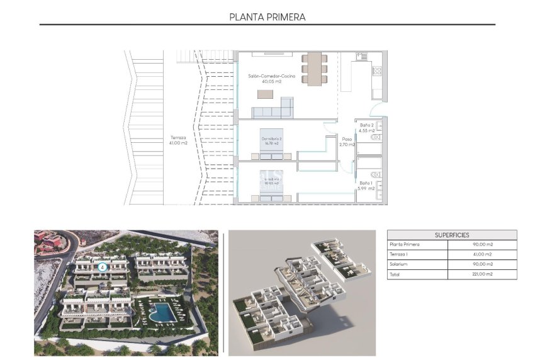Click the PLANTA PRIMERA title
pyautogui.click(x=267, y=17)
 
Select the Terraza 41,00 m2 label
pyautogui.click(x=178, y=140)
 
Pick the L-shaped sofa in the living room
pyautogui.click(x=274, y=110)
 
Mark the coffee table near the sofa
pyautogui.click(x=265, y=94)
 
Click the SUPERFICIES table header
pyautogui.click(x=451, y=235)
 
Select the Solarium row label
pyautogui.click(x=400, y=264)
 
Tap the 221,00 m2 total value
pyautogui.click(x=481, y=274)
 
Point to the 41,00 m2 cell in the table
pyautogui.click(x=481, y=254)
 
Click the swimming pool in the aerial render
pyautogui.click(x=163, y=312)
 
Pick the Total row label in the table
pyautogui.click(x=395, y=274)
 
